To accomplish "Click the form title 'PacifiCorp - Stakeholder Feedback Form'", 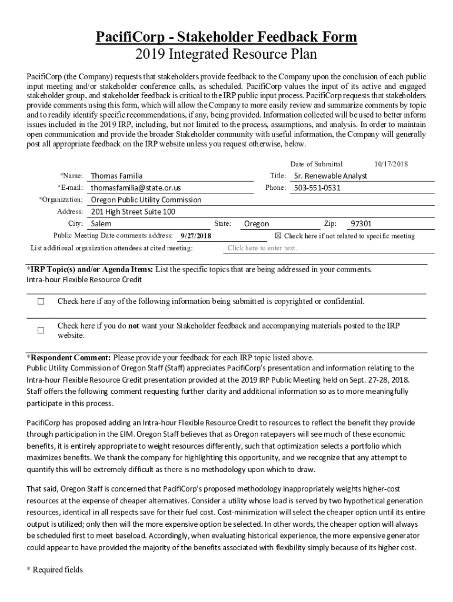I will pyautogui.click(x=226, y=38).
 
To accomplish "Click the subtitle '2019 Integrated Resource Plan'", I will pyautogui.click(x=226, y=55).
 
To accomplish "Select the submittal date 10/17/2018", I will pyautogui.click(x=391, y=164).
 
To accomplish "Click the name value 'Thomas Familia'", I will pyautogui.click(x=116, y=176).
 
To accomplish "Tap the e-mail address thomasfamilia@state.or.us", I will pyautogui.click(x=136, y=188).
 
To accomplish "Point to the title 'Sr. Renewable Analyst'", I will pyautogui.click(x=330, y=176).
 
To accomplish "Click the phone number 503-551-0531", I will pyautogui.click(x=317, y=188).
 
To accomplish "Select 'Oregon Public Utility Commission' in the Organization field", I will pyautogui.click(x=146, y=199).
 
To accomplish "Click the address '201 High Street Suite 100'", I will pyautogui.click(x=133, y=212).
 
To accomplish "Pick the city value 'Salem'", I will pyautogui.click(x=101, y=224).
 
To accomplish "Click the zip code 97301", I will pyautogui.click(x=361, y=224).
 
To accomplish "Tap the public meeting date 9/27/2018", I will pyautogui.click(x=195, y=236).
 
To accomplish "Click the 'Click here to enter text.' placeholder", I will pyautogui.click(x=262, y=248).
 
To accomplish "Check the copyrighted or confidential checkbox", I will pyautogui.click(x=41, y=302).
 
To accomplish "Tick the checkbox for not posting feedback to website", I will pyautogui.click(x=41, y=330).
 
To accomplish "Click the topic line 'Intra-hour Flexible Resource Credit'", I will pyautogui.click(x=84, y=279).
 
